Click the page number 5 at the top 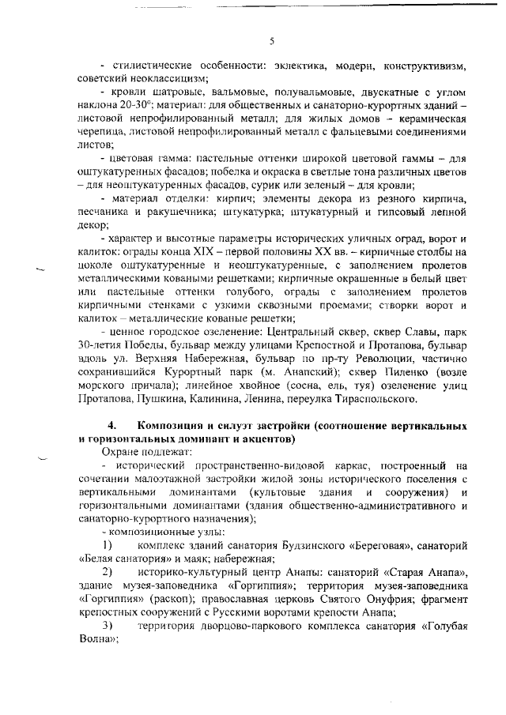(271, 41)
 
